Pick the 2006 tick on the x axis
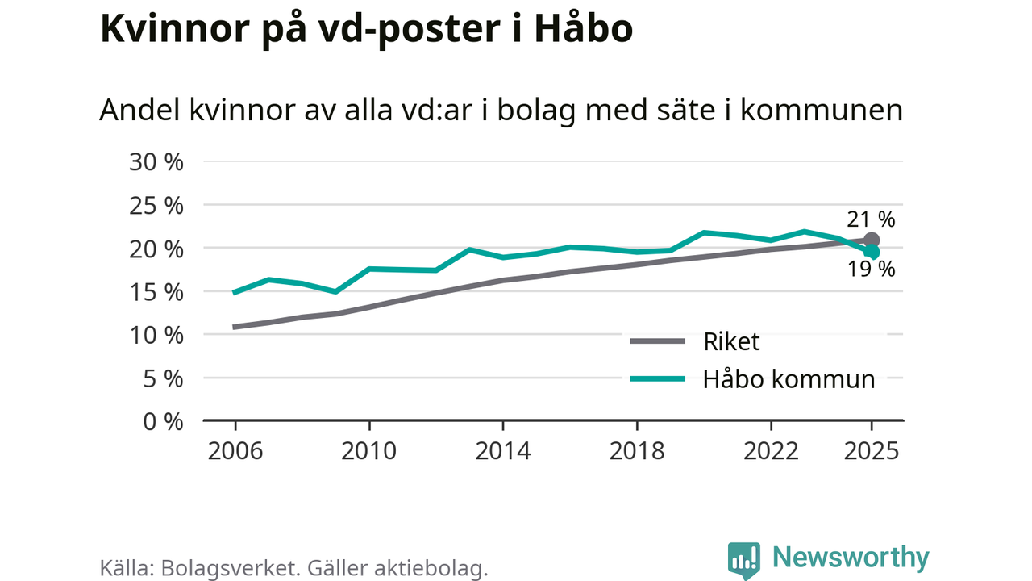(x=235, y=450)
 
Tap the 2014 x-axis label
(x=502, y=450)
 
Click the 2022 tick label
(x=770, y=450)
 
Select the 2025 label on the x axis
(x=871, y=450)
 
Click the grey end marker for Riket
(x=872, y=240)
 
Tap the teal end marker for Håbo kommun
(x=872, y=253)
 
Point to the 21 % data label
(x=871, y=219)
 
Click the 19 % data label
(x=871, y=270)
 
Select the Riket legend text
(x=731, y=341)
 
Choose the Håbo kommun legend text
(x=789, y=378)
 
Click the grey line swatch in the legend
(x=657, y=341)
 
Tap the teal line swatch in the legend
(x=657, y=378)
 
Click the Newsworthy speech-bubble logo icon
(x=743, y=559)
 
